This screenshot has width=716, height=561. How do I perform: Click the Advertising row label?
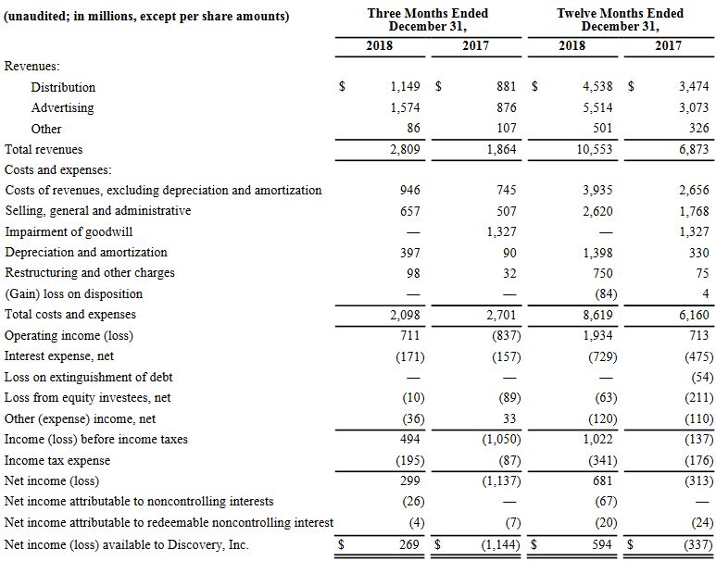coord(62,108)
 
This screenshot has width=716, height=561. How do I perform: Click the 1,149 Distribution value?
coord(404,87)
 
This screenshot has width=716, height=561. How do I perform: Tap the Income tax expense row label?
coord(57,460)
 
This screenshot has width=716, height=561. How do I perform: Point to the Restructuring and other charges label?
coord(90,273)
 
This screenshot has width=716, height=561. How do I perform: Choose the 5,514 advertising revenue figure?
coord(594,108)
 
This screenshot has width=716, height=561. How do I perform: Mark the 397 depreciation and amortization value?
coord(409,252)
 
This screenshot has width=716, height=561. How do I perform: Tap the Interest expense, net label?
coord(59,356)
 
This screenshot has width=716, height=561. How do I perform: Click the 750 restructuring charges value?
coord(601,273)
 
